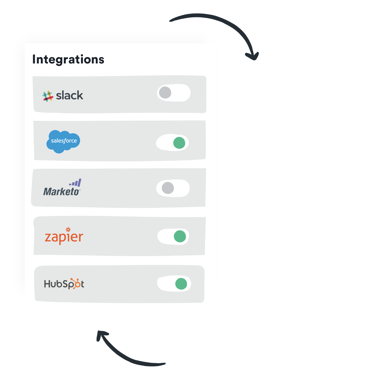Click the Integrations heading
click(68, 60)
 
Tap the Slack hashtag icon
click(47, 96)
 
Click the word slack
click(69, 96)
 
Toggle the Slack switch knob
click(165, 92)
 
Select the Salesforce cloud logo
click(63, 141)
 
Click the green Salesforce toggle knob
click(179, 143)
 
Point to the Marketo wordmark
click(61, 192)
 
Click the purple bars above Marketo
click(76, 183)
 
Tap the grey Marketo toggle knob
click(168, 188)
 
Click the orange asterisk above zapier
click(68, 229)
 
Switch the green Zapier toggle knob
click(180, 236)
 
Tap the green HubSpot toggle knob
click(181, 284)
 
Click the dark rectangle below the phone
click(131, 348)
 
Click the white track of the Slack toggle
click(181, 93)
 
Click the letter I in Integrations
click(34, 59)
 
